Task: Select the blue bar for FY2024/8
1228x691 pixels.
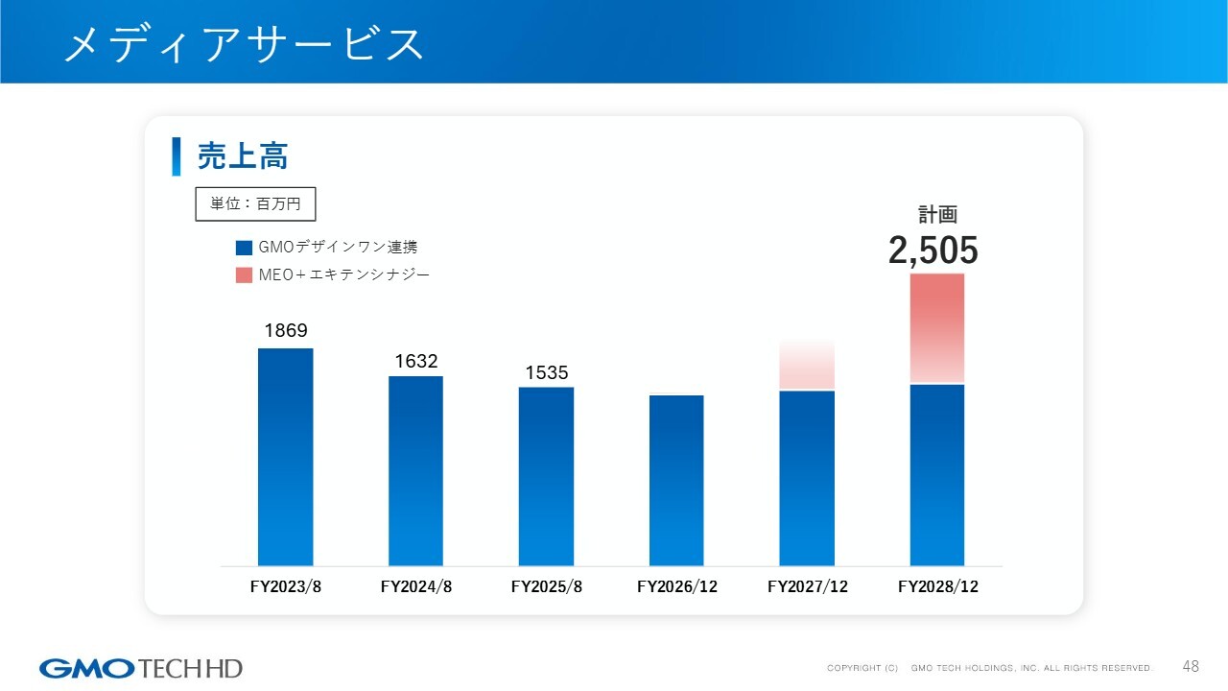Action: [x=415, y=470]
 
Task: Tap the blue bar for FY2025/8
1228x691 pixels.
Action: [x=546, y=476]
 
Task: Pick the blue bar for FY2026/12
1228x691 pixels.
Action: [x=676, y=480]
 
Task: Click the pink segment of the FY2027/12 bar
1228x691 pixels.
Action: [x=807, y=365]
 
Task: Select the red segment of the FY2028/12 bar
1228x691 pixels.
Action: [x=937, y=327]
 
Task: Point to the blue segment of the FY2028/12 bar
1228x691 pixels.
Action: [x=937, y=475]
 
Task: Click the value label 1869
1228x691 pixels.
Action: [x=286, y=331]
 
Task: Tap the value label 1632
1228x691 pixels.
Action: [x=416, y=361]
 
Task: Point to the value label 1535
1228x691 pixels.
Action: [x=547, y=372]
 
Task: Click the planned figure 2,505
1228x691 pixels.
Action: [x=933, y=251]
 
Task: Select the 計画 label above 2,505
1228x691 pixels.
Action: [x=937, y=214]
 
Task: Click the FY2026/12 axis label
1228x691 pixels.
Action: [x=677, y=586]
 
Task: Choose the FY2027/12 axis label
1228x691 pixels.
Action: [x=808, y=586]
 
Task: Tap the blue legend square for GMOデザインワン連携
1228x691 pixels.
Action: [x=244, y=248]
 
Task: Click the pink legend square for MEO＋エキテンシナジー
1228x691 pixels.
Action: [x=244, y=275]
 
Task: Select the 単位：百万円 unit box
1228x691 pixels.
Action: [x=255, y=203]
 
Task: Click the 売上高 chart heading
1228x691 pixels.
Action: [x=243, y=155]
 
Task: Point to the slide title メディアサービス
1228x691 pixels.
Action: [x=244, y=44]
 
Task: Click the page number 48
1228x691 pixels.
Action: [x=1191, y=666]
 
